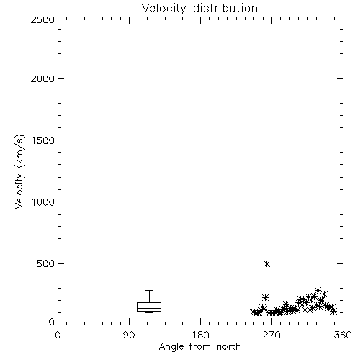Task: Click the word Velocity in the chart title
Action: (x=164, y=9)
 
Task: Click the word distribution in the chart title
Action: (x=225, y=8)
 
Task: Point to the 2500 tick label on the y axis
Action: (x=42, y=19)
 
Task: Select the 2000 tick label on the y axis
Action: (x=42, y=78)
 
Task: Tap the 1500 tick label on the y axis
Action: (x=43, y=140)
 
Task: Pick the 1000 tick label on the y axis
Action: (x=43, y=202)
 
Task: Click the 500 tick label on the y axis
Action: (x=46, y=264)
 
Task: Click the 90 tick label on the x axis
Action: (x=129, y=335)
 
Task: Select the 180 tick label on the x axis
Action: (x=200, y=335)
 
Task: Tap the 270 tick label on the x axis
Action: (x=271, y=335)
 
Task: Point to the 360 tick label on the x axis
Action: (x=343, y=335)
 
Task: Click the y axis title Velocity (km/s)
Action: (x=19, y=171)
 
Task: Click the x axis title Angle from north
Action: (x=200, y=347)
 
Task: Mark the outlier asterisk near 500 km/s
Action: (x=266, y=264)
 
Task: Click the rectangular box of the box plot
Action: (x=149, y=302)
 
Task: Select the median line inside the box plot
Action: (x=149, y=308)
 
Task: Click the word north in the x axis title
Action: (x=229, y=347)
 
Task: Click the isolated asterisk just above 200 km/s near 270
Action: (x=265, y=298)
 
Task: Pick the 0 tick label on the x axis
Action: (x=58, y=335)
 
